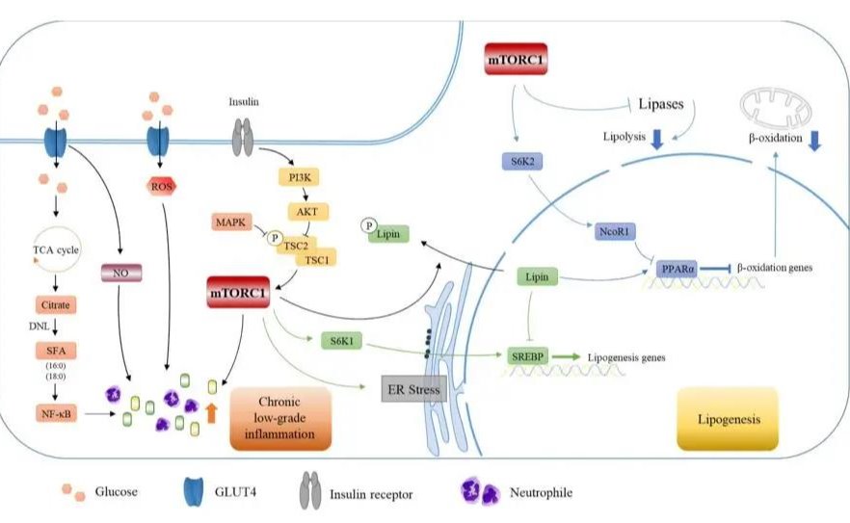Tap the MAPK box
pos(230,222)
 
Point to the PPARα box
pos(677,270)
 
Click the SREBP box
pos(528,356)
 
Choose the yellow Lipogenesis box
pos(728,418)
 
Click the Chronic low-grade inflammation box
pos(281,418)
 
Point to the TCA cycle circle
pos(54,250)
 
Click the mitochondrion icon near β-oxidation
pos(776,107)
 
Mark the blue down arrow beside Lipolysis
pos(656,141)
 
